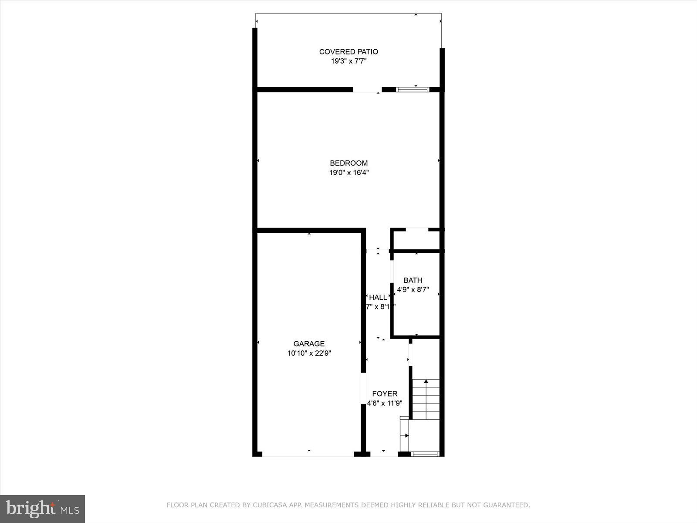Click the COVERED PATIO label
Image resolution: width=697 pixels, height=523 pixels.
[x=348, y=52]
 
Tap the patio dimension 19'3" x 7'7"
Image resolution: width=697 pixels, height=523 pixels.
[x=348, y=61]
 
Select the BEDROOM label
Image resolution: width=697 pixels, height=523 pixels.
[x=348, y=163]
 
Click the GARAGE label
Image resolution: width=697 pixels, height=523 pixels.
[x=309, y=344]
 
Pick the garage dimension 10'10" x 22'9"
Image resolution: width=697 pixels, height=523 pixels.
[x=309, y=353]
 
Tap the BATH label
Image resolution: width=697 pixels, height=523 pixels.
[x=413, y=280]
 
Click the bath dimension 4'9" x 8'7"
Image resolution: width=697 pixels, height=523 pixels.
[x=413, y=289]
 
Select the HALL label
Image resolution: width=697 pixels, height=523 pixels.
[x=378, y=297]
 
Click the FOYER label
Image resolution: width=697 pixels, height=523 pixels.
[x=385, y=394]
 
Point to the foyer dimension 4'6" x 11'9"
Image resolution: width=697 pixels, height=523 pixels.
[x=385, y=404]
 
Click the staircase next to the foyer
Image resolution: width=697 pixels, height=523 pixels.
[x=426, y=399]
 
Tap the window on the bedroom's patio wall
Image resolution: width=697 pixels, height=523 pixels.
[x=413, y=90]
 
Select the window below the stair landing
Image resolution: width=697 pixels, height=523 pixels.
[x=425, y=454]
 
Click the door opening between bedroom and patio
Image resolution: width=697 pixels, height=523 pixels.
[x=367, y=90]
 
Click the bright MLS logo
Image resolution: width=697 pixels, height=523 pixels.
[x=42, y=509]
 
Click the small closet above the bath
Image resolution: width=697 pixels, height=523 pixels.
[x=417, y=240]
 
